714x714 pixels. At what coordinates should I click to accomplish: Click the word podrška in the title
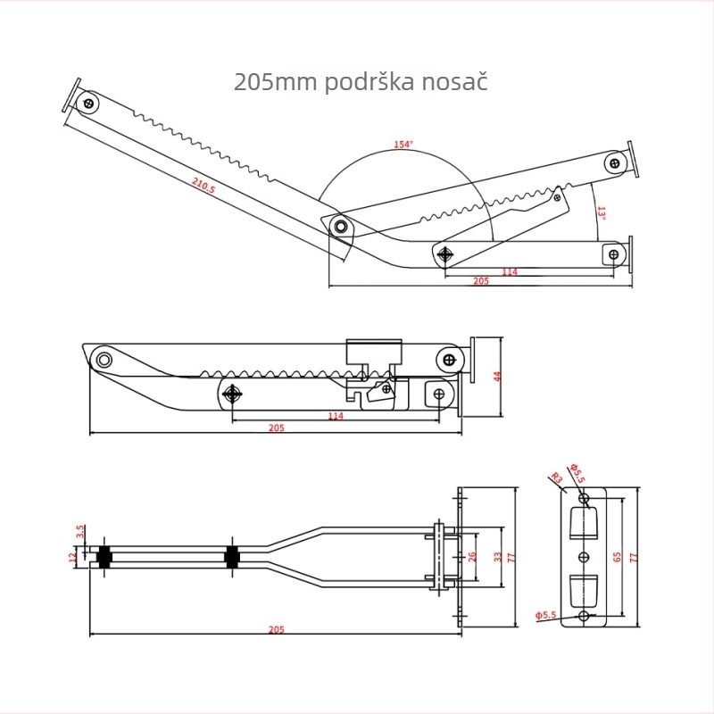click(x=369, y=82)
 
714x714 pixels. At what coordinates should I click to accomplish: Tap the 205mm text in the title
click(x=276, y=82)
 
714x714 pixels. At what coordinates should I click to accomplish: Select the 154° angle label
click(x=403, y=145)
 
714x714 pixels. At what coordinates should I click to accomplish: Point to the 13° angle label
click(x=601, y=213)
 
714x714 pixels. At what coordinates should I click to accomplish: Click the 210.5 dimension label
click(x=203, y=186)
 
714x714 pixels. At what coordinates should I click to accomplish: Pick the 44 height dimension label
click(x=497, y=377)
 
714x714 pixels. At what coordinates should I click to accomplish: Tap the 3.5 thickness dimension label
click(x=80, y=531)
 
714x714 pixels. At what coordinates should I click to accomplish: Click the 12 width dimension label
click(x=73, y=557)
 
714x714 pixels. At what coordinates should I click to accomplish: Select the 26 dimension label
click(x=472, y=556)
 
